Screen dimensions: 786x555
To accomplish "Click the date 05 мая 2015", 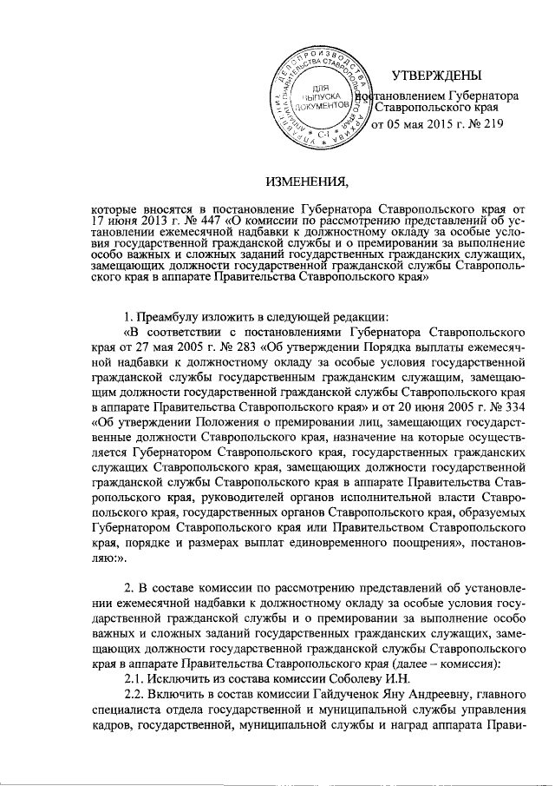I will click(414, 125).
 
